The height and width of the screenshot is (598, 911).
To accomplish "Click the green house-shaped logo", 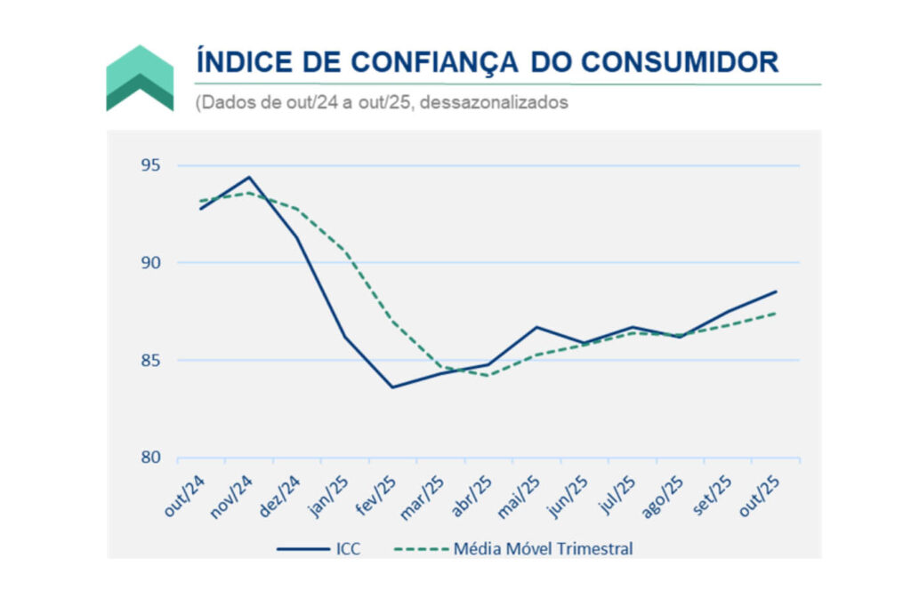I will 140,78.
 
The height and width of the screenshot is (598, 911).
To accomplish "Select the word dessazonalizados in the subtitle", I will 493,102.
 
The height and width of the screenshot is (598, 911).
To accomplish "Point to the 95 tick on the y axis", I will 151,165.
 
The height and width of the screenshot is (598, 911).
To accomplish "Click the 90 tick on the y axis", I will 151,263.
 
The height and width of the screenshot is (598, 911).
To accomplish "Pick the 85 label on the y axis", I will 151,360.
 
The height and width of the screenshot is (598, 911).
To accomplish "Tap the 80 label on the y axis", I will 151,458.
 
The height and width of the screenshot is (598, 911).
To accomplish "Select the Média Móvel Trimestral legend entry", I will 543,548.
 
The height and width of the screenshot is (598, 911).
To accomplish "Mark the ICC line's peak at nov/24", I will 249,177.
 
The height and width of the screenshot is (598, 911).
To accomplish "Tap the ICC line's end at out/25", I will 776,291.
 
